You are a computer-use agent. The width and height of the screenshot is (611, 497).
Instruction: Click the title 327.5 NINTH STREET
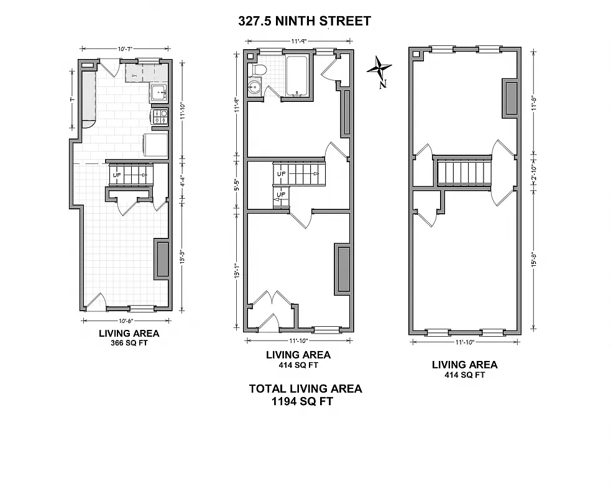coord(305,21)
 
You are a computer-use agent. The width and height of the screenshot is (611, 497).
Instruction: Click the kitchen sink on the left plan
coord(159,93)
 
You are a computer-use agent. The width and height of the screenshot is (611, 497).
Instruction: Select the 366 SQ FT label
coord(129,343)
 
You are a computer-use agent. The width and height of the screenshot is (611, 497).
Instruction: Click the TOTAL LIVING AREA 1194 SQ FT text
coord(305,394)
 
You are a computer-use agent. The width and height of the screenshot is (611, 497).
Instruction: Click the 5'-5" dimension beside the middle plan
coord(236,185)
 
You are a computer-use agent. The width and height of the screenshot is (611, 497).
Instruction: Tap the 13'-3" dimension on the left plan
coord(182,256)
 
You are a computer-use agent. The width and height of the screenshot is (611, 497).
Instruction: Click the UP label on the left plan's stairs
coord(116,175)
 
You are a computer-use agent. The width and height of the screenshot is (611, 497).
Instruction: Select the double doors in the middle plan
coord(271,299)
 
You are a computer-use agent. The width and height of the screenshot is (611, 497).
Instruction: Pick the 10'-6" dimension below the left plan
coord(124,321)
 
